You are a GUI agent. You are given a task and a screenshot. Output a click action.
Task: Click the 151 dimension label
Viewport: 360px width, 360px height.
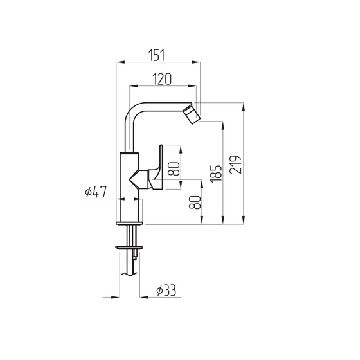[x=157, y=55]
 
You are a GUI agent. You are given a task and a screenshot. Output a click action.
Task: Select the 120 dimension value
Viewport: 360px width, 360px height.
[x=162, y=79]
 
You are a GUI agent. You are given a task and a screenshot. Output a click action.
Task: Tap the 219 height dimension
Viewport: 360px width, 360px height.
[x=235, y=165]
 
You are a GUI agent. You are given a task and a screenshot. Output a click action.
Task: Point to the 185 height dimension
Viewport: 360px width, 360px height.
[x=216, y=174]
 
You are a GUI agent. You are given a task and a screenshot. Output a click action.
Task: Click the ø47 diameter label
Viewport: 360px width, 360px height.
[x=96, y=192]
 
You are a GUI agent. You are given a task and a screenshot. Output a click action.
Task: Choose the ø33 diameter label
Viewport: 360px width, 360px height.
[x=166, y=291]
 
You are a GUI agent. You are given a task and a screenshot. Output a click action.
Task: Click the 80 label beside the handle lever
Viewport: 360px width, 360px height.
[x=174, y=168]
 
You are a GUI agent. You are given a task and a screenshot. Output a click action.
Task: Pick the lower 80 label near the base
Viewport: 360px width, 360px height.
[x=195, y=203]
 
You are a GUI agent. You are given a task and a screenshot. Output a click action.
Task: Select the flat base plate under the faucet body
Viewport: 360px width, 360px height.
[x=129, y=223]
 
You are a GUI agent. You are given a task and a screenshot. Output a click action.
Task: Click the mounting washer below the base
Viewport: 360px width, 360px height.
[x=129, y=248]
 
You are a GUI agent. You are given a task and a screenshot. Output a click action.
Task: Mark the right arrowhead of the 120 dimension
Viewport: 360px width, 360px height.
[x=192, y=86]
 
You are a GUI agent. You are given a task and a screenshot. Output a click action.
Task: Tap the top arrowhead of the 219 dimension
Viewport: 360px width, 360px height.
[x=244, y=107]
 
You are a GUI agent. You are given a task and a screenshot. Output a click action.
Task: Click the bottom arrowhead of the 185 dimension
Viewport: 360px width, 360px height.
[x=222, y=220]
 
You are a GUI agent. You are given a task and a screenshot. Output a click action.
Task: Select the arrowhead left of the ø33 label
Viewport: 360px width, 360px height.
[x=144, y=297]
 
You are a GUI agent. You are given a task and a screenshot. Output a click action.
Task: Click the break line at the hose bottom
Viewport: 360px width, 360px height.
[x=129, y=274]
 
